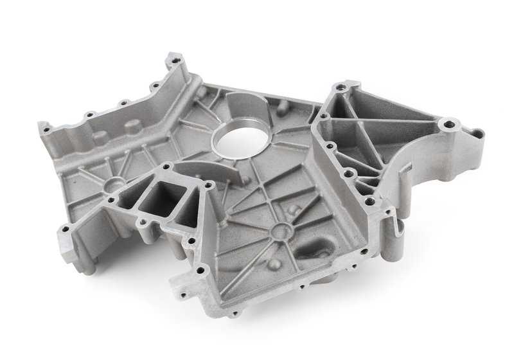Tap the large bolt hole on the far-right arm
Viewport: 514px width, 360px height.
click(448, 124)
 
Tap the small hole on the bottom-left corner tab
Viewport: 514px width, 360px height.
click(66, 228)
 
